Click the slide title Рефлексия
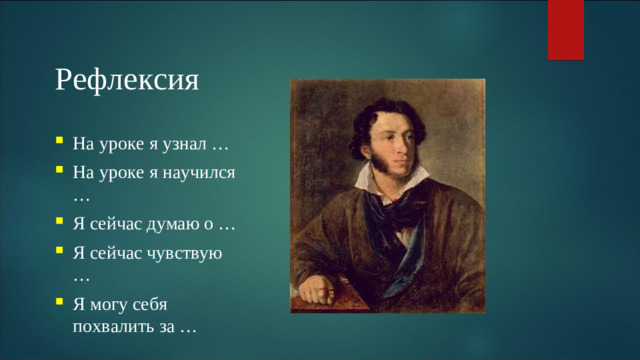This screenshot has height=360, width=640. click(127, 79)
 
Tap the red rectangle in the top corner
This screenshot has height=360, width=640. click(565, 29)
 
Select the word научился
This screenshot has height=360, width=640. click(197, 173)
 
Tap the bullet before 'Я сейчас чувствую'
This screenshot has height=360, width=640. click(61, 252)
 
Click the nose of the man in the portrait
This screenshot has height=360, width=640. click(401, 151)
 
